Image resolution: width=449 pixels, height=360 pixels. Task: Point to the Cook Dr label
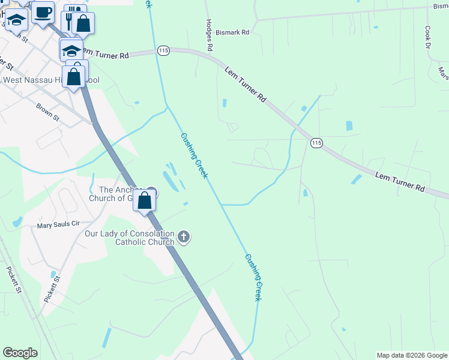coord(428,37)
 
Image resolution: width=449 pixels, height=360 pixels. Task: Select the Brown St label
coord(47,112)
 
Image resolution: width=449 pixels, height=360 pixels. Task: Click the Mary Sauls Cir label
coord(58,225)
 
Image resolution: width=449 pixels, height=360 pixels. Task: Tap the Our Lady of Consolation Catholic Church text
coord(129,238)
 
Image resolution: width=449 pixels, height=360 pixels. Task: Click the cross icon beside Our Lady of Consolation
coord(184,238)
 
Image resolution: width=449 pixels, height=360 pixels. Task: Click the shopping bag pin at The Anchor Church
coord(145,200)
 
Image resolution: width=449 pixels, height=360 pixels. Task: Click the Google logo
coord(20,352)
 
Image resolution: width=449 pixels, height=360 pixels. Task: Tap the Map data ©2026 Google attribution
coord(411,355)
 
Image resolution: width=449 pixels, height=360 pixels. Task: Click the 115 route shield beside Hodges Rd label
coord(163,51)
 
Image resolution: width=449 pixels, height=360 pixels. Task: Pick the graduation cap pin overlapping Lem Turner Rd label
coord(71,50)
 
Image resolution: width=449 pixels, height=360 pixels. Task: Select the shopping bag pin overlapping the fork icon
coord(83,23)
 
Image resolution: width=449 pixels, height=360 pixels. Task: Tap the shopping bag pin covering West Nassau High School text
coord(74,77)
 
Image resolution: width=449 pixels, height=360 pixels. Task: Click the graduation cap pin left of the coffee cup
coord(17,20)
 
